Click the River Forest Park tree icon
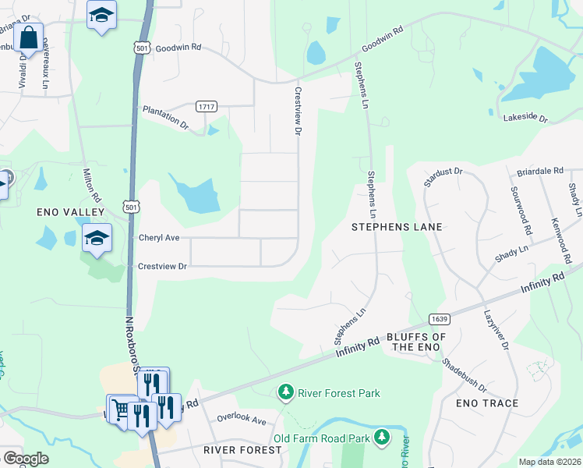[x=287, y=392]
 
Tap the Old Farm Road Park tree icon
[x=382, y=437]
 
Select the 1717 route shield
[x=207, y=107]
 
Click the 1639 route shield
[x=438, y=318]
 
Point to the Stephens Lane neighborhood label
[x=397, y=227]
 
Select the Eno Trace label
[x=487, y=403]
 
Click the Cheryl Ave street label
[x=159, y=238]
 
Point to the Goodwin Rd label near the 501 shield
[x=178, y=48]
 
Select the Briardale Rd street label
[x=540, y=170]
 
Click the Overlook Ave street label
[x=242, y=420]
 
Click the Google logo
[x=26, y=459]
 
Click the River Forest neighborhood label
[x=242, y=450]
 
